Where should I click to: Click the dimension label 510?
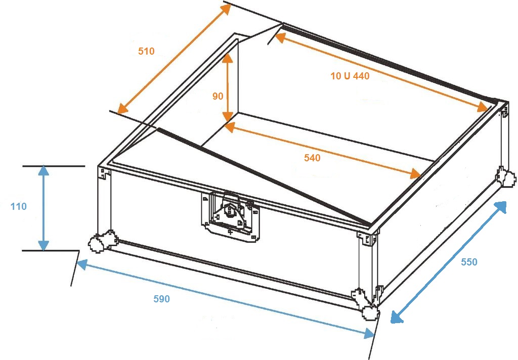tap(146, 51)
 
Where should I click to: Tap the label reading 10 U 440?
tap(350, 76)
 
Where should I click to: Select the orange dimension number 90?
tap(218, 96)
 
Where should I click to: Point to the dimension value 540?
tap(312, 158)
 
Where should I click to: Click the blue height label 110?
tap(19, 206)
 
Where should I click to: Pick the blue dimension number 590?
tap(161, 299)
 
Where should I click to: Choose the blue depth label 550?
tap(469, 262)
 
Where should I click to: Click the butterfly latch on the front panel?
tap(230, 216)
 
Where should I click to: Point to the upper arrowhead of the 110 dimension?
tap(44, 170)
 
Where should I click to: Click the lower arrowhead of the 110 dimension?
tap(44, 245)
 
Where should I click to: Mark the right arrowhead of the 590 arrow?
tap(369, 334)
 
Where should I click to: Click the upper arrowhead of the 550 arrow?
tap(500, 207)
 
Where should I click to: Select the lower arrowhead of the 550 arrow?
tap(397, 317)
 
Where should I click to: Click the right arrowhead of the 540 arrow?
tap(415, 173)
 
